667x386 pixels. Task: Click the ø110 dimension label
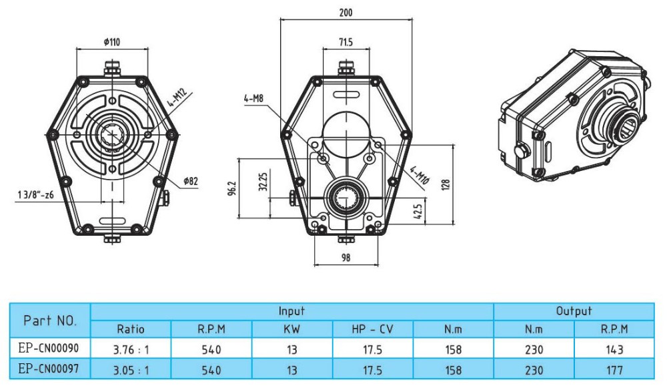(x=111, y=42)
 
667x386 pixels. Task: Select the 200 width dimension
(x=346, y=13)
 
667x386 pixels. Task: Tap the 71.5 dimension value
(x=345, y=42)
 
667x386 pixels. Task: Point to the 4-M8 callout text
(x=254, y=99)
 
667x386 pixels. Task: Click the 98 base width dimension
(x=345, y=257)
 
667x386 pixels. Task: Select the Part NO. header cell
(x=50, y=320)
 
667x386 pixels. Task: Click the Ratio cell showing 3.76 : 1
(x=131, y=349)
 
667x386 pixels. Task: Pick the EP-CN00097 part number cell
(x=50, y=369)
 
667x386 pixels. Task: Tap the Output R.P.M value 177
(x=615, y=369)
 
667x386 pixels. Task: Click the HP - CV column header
(x=373, y=329)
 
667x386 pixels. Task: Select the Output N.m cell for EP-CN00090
(x=534, y=349)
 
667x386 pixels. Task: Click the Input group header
(x=291, y=311)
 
